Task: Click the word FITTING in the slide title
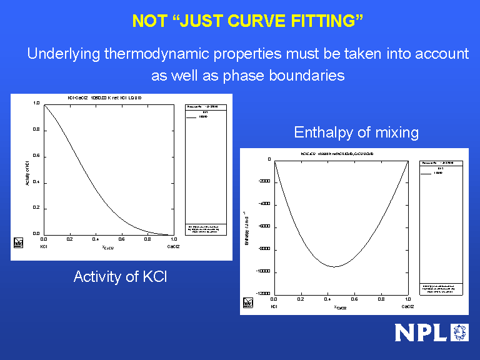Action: pos(327,21)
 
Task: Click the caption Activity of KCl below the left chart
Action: pos(120,276)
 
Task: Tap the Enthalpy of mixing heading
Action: pos(356,132)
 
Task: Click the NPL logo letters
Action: pos(422,332)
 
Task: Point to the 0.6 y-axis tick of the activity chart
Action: pos(36,156)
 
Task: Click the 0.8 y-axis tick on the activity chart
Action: pos(36,130)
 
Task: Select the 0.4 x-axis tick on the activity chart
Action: pos(96,239)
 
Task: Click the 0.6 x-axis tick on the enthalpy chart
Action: pos(354,300)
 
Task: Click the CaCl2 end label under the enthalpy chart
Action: pos(407,307)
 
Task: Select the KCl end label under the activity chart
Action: pos(44,247)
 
